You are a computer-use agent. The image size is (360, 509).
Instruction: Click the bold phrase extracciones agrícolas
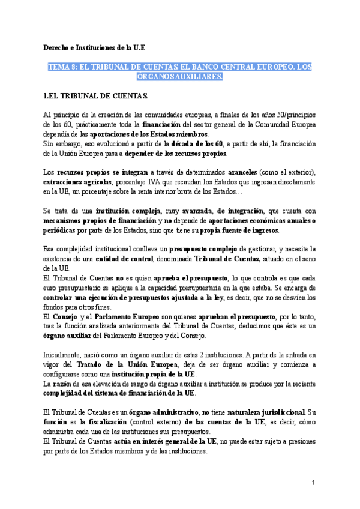point(76,182)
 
